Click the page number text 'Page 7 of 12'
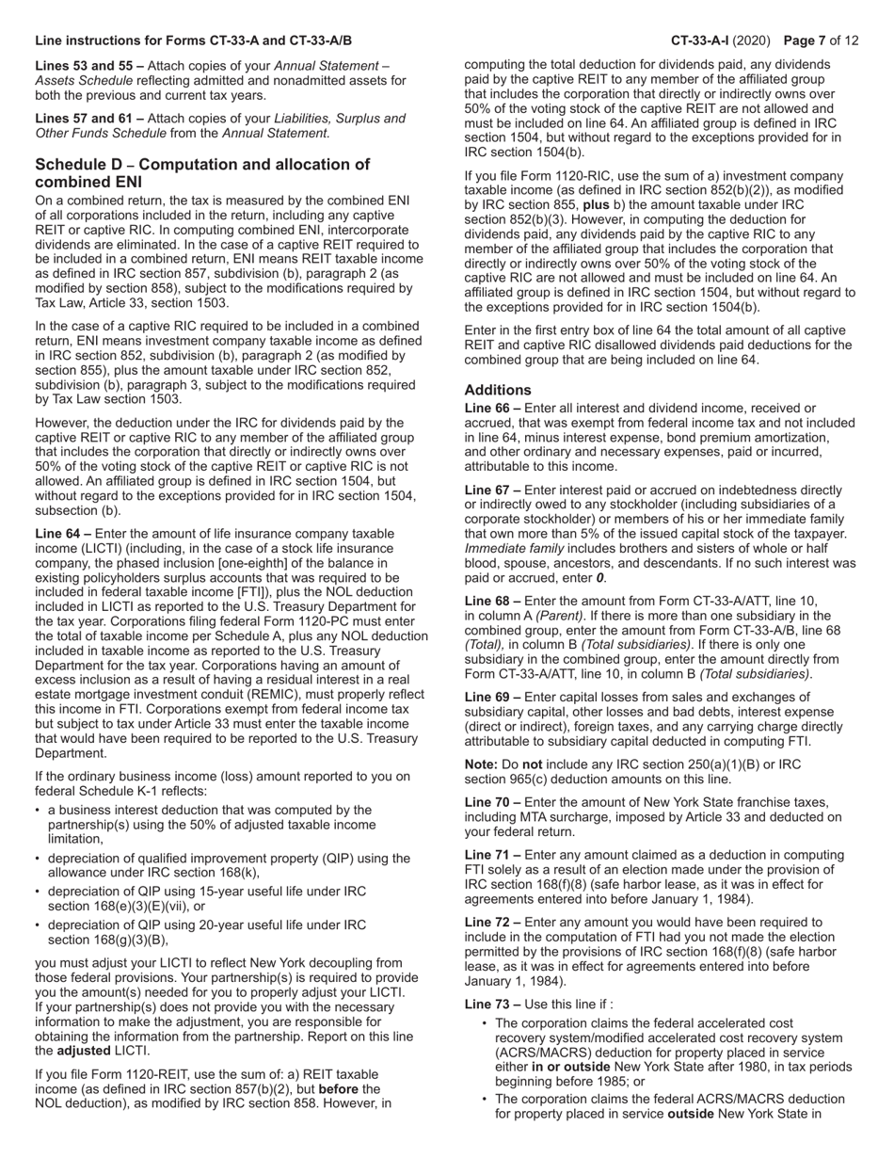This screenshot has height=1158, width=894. pos(821,40)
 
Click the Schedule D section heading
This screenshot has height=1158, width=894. pos(202,172)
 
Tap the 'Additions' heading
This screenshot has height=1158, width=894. pos(498,390)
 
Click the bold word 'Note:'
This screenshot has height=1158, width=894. pos(483,764)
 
